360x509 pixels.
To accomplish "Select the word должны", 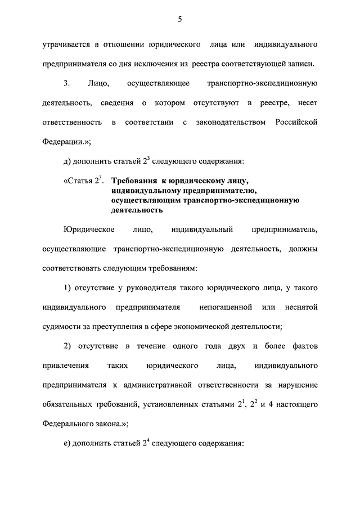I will [x=303, y=249].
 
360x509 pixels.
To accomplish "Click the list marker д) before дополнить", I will [x=67, y=161].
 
